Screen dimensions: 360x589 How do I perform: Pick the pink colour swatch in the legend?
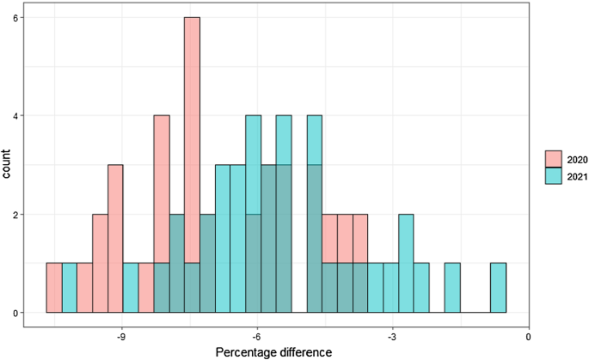(553, 159)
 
